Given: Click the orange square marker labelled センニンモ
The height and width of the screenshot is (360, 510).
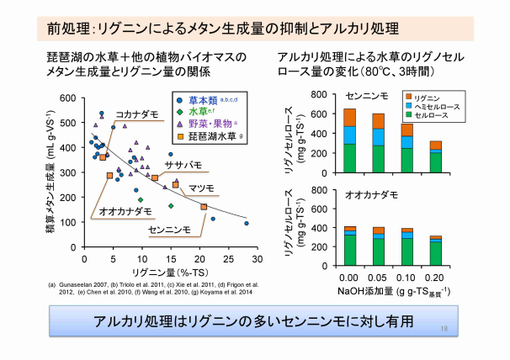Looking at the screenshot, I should point(204,206).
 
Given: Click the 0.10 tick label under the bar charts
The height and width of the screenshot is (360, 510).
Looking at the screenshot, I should point(406,277).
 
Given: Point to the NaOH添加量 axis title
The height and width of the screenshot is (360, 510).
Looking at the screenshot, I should point(385,291).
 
